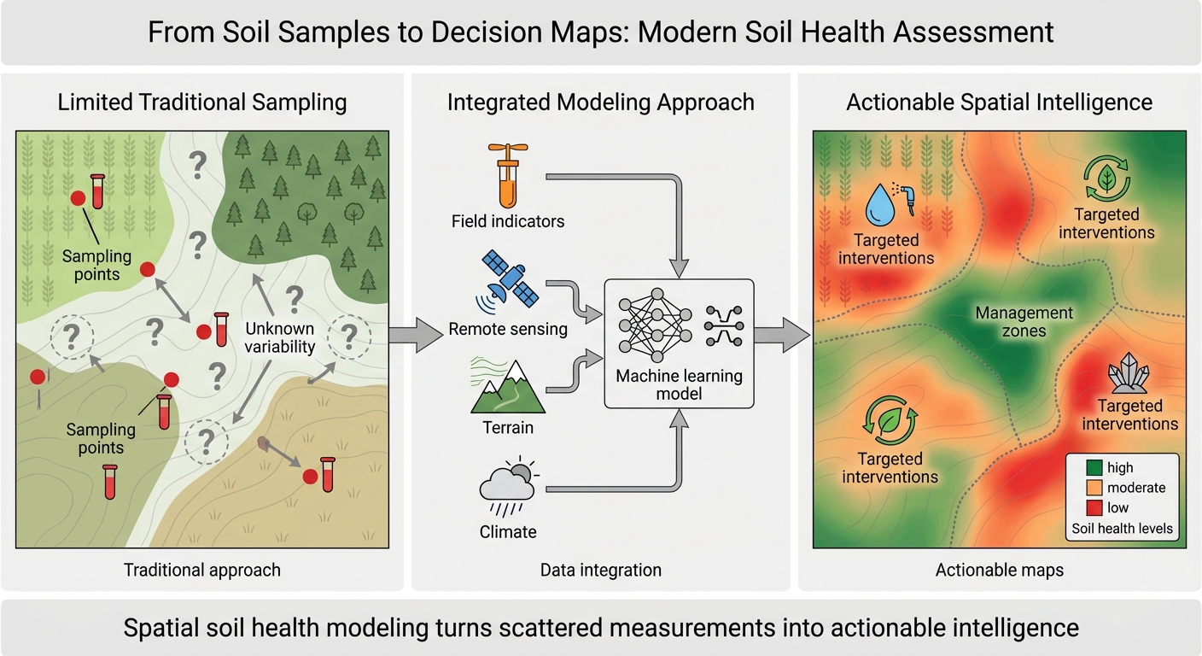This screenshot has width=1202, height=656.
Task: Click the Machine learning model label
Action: tap(680, 384)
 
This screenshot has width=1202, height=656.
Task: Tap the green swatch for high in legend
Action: tap(1094, 468)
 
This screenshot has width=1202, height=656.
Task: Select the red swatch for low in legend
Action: tap(1094, 508)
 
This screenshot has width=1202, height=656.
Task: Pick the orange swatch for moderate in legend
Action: tap(1094, 488)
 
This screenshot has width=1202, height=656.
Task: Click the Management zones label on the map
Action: tap(1024, 322)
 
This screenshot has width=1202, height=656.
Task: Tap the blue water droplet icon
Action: tap(878, 206)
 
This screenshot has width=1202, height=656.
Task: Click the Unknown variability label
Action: tap(279, 338)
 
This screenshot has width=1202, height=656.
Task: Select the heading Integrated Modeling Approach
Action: tap(600, 103)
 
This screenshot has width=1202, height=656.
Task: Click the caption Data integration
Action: tap(600, 570)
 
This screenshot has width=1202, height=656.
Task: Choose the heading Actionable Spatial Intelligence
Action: tap(999, 103)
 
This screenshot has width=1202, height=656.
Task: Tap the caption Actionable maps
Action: tap(999, 570)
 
